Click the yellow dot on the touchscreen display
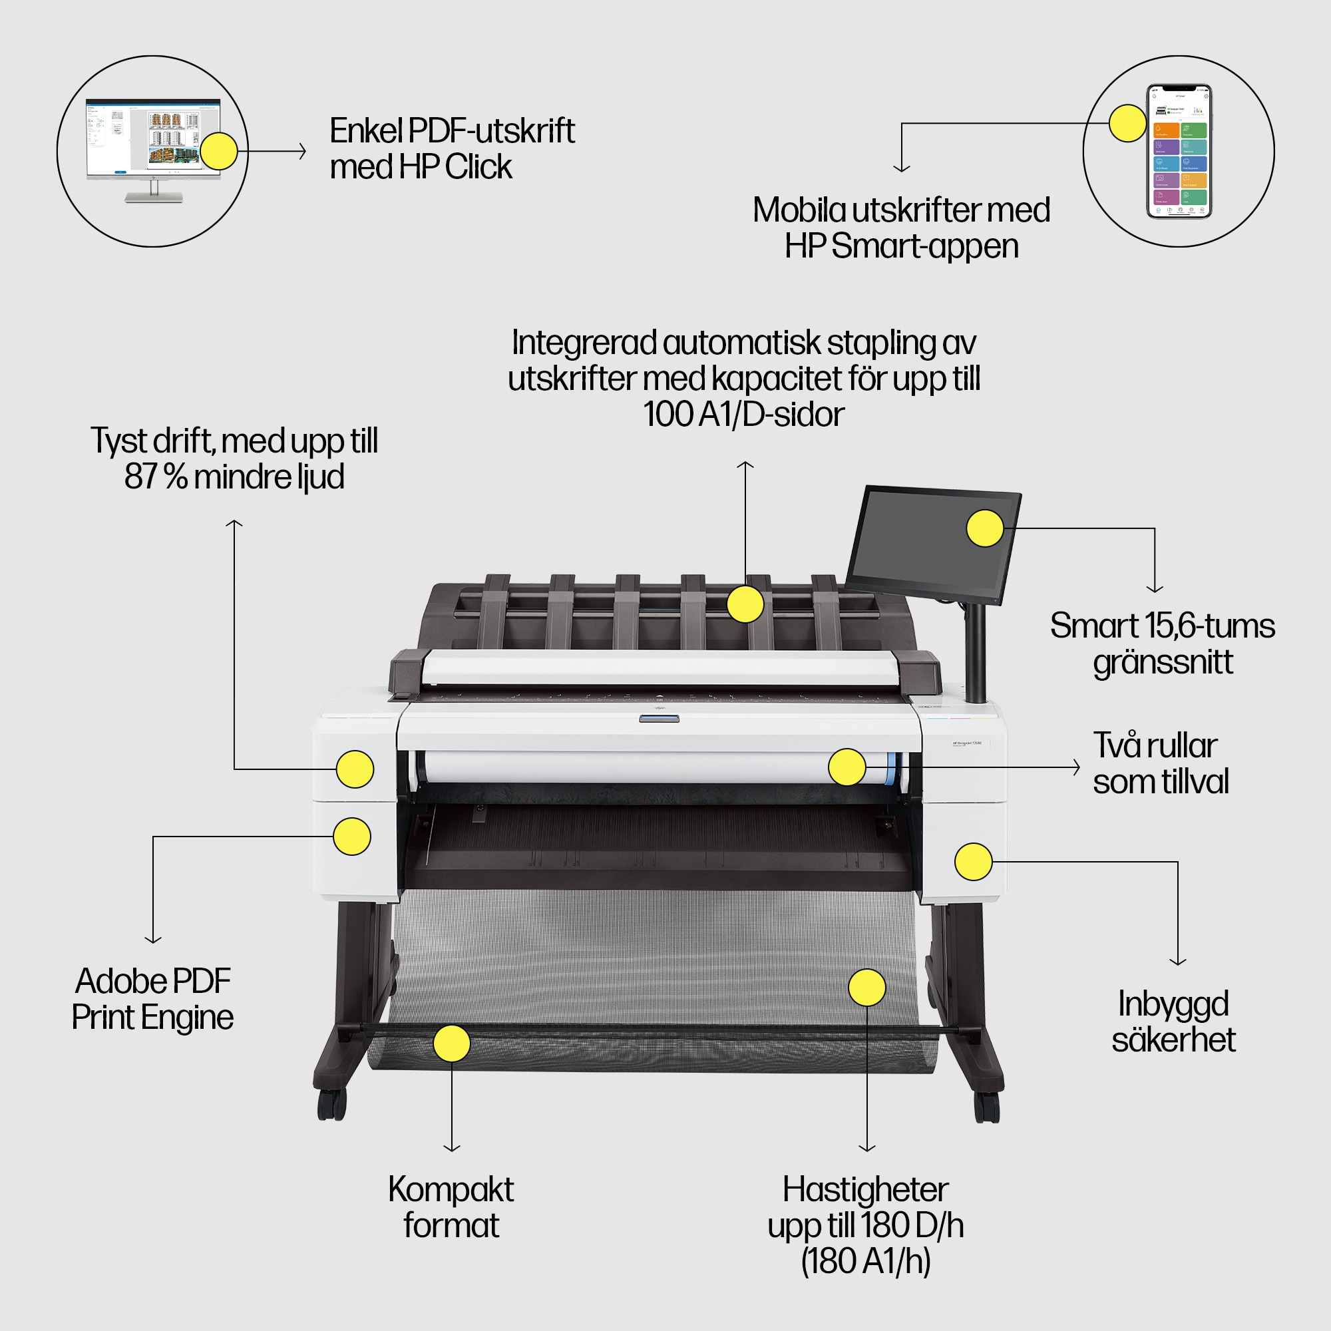point(985,528)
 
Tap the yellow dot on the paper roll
point(847,767)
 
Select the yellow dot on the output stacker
point(745,604)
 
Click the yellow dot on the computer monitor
point(218,151)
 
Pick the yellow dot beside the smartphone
point(1128,123)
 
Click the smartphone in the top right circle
point(1179,152)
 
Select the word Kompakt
point(451,1190)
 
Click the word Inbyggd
point(1173,1004)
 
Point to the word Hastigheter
point(865,1190)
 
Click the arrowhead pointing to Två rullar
point(1077,767)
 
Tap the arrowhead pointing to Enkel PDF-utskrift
point(303,151)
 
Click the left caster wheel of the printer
point(331,1104)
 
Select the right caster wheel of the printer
point(986,1108)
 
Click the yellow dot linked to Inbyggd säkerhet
point(973,861)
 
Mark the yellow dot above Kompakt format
point(451,1043)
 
